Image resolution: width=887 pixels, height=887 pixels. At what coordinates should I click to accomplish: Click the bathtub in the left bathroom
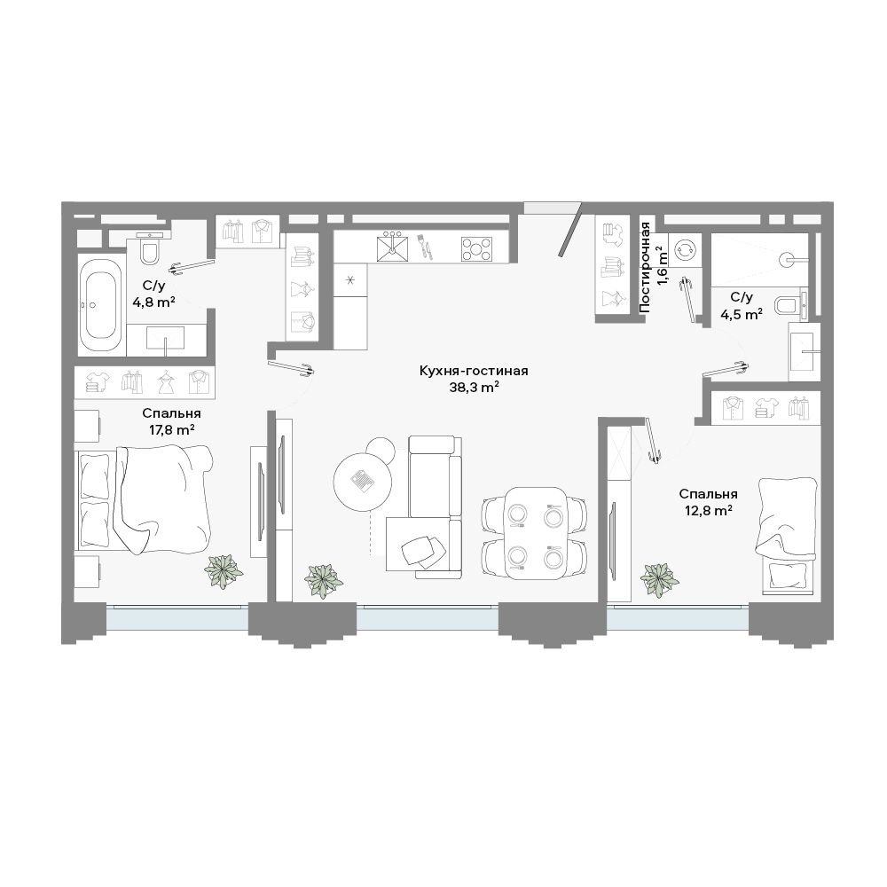coord(100,305)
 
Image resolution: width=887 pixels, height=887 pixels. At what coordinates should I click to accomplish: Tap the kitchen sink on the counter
coord(393,247)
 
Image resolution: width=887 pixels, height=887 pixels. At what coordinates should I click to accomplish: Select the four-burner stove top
coord(476,248)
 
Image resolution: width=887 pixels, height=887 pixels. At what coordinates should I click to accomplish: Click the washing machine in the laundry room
coord(685,251)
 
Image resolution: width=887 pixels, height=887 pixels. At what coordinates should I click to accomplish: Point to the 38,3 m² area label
coord(474,388)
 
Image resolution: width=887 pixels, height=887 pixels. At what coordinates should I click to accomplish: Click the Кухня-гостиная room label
coord(474,371)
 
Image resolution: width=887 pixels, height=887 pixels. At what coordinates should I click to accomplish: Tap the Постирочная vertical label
coord(645,266)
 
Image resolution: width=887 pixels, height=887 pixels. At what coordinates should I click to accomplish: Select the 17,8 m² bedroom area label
coord(172,430)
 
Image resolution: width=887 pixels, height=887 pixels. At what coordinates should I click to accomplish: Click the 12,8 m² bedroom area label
coord(709,511)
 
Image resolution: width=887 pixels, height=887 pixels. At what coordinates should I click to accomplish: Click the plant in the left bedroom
coord(224,570)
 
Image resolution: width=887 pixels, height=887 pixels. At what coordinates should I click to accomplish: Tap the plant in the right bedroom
coord(660,580)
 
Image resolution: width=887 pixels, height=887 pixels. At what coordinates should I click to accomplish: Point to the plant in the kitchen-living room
coord(324,580)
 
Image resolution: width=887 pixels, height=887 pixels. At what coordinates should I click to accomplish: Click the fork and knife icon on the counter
coord(424,247)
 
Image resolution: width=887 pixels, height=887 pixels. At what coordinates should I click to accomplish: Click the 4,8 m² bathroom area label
coord(153,302)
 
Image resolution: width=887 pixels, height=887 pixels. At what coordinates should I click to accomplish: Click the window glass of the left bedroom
coord(177,618)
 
